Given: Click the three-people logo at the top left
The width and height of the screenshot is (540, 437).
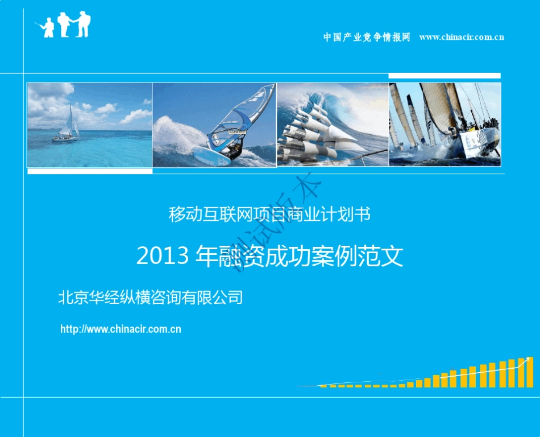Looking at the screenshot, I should click(66, 25).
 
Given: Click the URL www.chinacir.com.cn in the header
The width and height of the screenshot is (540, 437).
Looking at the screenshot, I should click(462, 38).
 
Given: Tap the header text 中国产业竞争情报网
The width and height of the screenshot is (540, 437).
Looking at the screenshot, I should click(367, 38).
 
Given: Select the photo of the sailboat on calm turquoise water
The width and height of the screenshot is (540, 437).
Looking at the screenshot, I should click(90, 125).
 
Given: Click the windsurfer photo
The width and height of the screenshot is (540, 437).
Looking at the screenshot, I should click(214, 125).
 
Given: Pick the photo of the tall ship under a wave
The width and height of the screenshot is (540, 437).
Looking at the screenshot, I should click(333, 125).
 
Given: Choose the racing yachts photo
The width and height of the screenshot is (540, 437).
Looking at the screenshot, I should click(445, 125).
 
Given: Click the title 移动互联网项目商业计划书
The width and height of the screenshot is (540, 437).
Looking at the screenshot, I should click(270, 215).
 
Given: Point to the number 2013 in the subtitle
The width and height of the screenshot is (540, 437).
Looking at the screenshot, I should click(163, 257).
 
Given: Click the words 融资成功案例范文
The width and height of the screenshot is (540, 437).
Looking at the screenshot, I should click(311, 257).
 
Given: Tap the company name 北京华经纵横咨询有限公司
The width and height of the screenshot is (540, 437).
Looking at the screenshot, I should click(151, 297).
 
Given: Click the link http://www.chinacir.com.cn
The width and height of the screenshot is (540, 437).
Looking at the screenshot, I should click(121, 329).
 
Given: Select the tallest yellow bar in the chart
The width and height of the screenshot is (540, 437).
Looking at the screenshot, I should click(530, 373).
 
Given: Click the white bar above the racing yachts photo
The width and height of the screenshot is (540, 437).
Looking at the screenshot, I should click(445, 76).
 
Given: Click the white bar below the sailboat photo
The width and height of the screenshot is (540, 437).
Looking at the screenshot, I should click(90, 171).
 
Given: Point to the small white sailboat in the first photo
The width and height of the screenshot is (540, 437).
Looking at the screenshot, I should click(67, 126).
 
